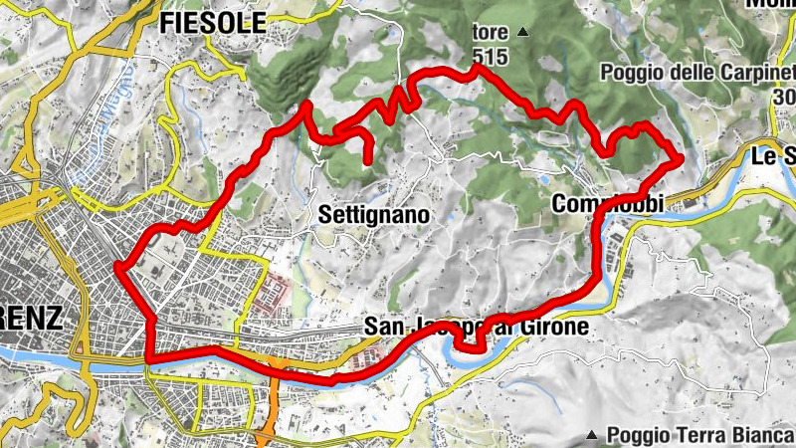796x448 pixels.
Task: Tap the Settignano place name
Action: tap(373, 214)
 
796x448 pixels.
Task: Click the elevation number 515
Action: tap(491, 58)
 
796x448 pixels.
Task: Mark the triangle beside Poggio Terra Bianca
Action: tap(592, 435)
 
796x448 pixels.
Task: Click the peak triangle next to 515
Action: tap(522, 33)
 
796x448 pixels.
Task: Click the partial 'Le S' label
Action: tap(774, 156)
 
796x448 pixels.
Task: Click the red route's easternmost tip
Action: tap(681, 157)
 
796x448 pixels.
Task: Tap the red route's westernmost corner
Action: tap(117, 267)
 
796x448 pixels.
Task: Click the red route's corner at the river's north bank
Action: tap(149, 358)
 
